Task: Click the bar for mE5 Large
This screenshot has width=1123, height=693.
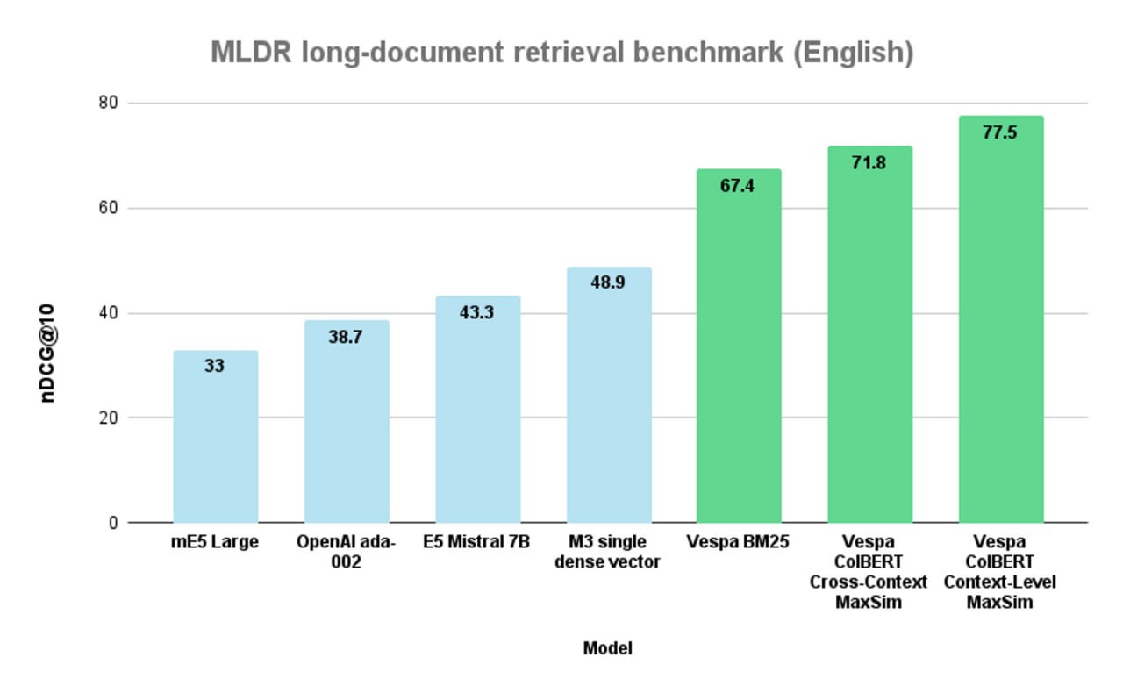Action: pyautogui.click(x=215, y=439)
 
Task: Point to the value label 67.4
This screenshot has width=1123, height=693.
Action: pyautogui.click(x=738, y=185)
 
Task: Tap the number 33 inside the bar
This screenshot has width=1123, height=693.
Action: pyautogui.click(x=215, y=366)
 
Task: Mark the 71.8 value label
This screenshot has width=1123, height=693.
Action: pyautogui.click(x=869, y=162)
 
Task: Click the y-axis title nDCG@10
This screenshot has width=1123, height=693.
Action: pyautogui.click(x=49, y=353)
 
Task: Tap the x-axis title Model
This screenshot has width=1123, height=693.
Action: pyautogui.click(x=607, y=648)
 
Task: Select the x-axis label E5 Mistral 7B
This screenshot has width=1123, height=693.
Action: pyautogui.click(x=476, y=542)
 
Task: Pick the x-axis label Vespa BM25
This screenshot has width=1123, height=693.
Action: pyautogui.click(x=738, y=542)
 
